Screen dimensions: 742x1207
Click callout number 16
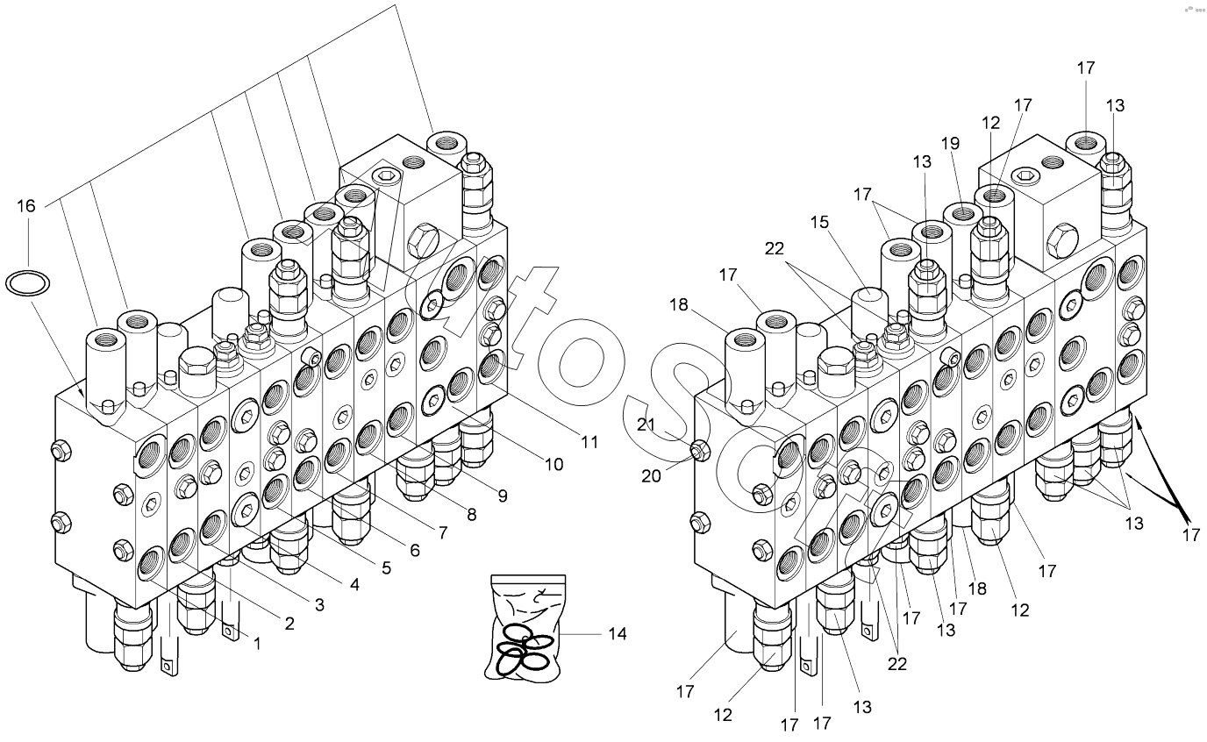pyautogui.click(x=27, y=206)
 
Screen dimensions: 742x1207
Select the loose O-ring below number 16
pyautogui.click(x=27, y=282)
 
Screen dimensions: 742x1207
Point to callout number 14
pyautogui.click(x=618, y=633)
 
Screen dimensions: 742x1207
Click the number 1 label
pyautogui.click(x=257, y=644)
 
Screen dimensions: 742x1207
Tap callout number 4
pyautogui.click(x=354, y=585)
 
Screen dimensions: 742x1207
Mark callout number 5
pyautogui.click(x=385, y=567)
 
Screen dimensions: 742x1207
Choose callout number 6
pyautogui.click(x=414, y=550)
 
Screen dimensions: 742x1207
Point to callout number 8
pyautogui.click(x=471, y=515)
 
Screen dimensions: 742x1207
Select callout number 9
pyautogui.click(x=502, y=496)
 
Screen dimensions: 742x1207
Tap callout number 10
pyautogui.click(x=554, y=464)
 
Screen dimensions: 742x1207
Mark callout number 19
pyautogui.click(x=951, y=142)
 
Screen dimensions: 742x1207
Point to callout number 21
pyautogui.click(x=646, y=425)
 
